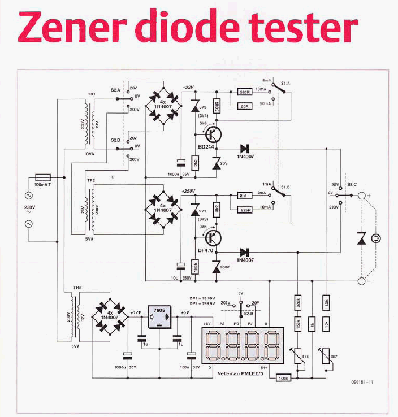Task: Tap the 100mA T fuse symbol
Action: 44,177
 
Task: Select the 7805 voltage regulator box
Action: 159,318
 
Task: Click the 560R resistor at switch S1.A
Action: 245,92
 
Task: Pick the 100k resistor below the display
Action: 283,377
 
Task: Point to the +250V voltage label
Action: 189,190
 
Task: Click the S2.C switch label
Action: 352,185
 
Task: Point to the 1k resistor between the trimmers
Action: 312,325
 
